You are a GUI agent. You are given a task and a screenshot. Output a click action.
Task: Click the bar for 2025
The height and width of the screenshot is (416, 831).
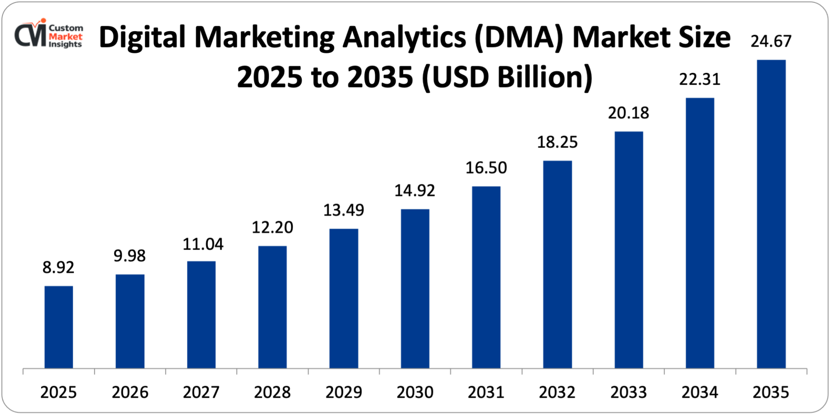click(59, 327)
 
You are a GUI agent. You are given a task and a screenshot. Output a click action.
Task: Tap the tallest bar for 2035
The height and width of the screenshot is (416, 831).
click(771, 214)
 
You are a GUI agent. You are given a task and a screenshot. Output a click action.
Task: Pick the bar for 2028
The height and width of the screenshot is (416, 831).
click(272, 307)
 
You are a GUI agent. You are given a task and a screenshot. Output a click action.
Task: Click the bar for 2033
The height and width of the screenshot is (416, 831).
click(629, 250)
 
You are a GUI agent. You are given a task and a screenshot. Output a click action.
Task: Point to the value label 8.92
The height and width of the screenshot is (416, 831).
click(58, 267)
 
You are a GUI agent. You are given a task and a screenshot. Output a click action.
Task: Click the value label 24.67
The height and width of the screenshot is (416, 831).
click(771, 41)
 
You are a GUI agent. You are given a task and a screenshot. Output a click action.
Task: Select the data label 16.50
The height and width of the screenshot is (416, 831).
click(486, 168)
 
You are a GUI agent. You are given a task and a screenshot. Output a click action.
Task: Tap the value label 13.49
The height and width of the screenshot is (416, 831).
click(344, 210)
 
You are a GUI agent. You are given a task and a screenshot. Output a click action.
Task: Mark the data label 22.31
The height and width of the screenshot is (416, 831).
click(700, 79)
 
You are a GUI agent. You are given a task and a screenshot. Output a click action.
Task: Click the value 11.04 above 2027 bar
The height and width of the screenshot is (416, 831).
click(203, 244)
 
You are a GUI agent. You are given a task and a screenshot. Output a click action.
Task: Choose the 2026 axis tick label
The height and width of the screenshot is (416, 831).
click(130, 392)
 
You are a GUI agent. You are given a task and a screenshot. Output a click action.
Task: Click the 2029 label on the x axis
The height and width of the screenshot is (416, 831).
click(344, 392)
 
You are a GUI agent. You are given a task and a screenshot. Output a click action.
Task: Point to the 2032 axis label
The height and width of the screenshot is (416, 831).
click(557, 392)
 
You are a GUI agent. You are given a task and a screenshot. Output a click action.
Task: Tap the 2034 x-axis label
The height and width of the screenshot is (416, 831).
click(700, 392)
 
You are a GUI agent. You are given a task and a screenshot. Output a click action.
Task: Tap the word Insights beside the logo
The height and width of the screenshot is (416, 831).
click(65, 44)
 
